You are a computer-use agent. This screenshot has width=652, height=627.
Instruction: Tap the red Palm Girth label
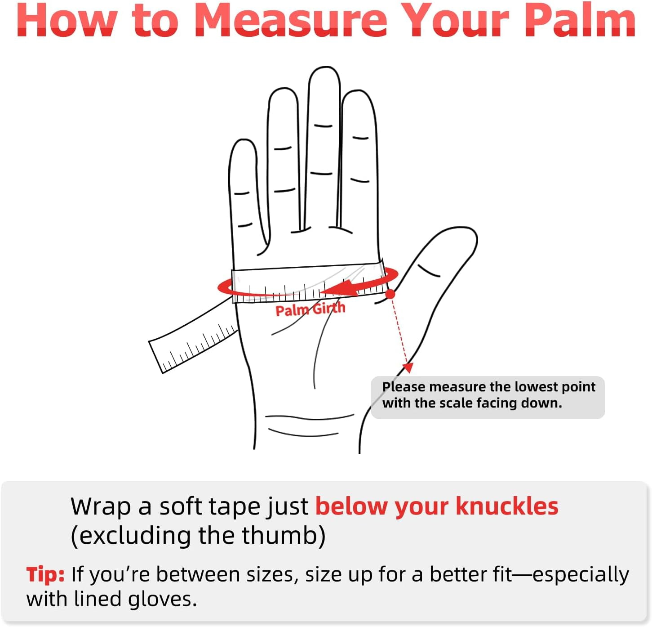(310, 309)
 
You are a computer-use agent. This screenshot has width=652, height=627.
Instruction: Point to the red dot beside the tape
(390, 295)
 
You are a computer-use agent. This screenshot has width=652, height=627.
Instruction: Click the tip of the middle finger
(324, 68)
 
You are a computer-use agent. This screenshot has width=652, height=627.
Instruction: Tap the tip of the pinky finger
(244, 140)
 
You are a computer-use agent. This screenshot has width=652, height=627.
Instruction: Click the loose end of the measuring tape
(156, 358)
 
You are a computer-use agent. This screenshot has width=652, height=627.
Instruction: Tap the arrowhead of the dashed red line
(408, 367)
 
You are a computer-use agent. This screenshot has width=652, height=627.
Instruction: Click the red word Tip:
(45, 575)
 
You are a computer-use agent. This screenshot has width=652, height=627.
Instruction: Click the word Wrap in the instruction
(101, 507)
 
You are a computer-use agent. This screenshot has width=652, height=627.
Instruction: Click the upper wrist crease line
(310, 417)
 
